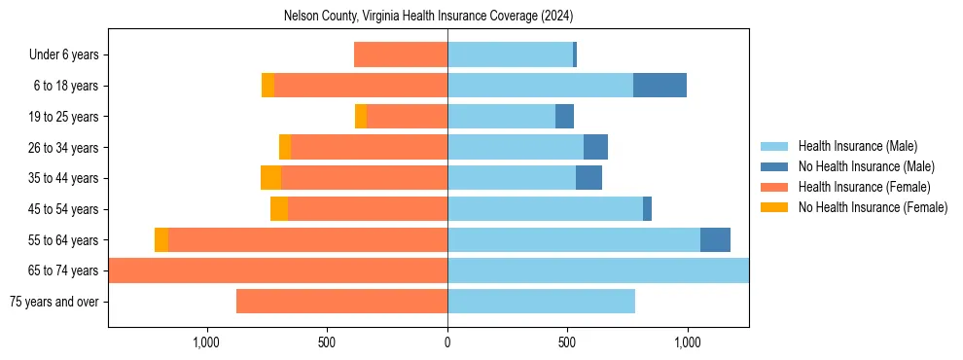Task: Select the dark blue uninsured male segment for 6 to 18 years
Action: (660, 86)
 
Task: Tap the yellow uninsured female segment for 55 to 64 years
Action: (161, 240)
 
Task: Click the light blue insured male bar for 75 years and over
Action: (541, 302)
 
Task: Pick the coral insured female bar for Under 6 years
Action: (401, 54)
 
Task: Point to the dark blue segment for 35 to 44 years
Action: (588, 178)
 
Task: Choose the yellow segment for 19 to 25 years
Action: (361, 117)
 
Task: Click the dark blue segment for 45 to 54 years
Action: (647, 209)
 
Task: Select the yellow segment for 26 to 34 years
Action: (285, 147)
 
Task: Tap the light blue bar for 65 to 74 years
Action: (597, 270)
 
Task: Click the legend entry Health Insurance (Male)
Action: (857, 146)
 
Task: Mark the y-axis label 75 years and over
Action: (53, 302)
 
